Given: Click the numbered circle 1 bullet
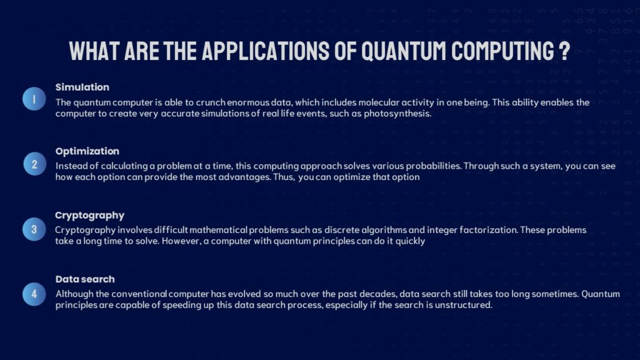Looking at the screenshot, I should (34, 99).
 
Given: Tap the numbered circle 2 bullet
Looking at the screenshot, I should (34, 165).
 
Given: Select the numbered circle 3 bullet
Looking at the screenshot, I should (34, 229).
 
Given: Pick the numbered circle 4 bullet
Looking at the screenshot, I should (34, 293).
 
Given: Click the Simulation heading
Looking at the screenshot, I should (82, 87).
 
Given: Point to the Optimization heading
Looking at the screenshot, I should (87, 151).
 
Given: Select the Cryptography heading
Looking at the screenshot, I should (89, 216).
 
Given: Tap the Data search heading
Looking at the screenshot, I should (85, 279).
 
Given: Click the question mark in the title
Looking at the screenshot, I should (564, 51).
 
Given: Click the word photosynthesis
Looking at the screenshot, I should (400, 114).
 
